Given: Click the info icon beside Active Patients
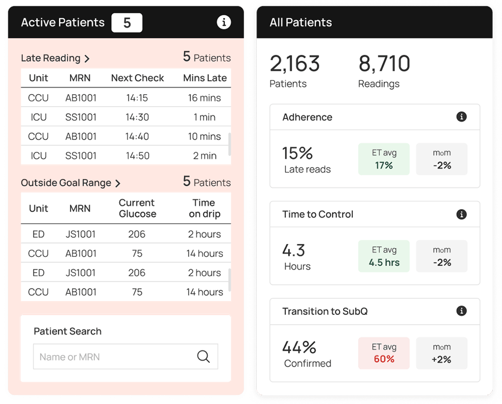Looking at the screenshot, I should [224, 23].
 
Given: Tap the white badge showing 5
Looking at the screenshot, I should [127, 23].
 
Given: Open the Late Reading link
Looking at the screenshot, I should [55, 58].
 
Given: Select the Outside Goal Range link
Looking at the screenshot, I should [70, 183].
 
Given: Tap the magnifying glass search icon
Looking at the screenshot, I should [204, 357].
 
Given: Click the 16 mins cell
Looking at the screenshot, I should [204, 98].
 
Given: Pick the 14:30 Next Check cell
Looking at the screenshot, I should [137, 117].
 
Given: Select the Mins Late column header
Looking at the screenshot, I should [205, 78].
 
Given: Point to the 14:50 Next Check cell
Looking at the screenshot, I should [137, 156].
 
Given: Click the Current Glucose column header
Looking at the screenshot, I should [137, 208].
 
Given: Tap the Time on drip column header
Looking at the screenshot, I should [204, 208].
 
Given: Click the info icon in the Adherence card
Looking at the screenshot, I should [461, 117].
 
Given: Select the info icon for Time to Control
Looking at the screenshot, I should [461, 214].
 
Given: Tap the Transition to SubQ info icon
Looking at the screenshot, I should [461, 311].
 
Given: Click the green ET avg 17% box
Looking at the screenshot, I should [384, 159].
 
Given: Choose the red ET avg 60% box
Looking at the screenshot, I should [384, 353].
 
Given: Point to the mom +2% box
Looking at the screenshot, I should [441, 353].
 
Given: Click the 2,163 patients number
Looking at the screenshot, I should [295, 64].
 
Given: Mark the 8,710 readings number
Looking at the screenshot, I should [384, 64].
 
